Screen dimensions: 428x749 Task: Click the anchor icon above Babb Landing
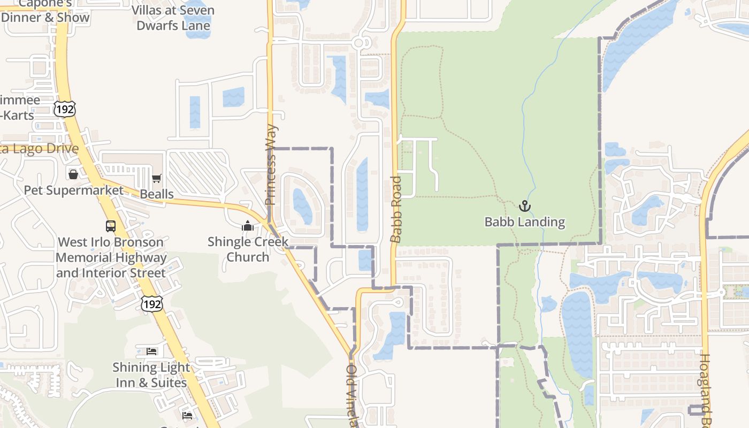(x=525, y=206)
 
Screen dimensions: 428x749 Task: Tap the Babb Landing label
(x=525, y=221)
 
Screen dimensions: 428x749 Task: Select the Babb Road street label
(x=396, y=209)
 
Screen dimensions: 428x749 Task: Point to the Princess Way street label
(x=271, y=165)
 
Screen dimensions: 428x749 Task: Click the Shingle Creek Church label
(x=248, y=249)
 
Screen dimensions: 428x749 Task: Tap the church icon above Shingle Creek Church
(x=247, y=226)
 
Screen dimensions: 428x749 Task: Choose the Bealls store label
(x=157, y=194)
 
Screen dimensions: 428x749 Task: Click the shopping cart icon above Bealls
(x=157, y=179)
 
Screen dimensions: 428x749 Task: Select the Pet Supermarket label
(x=73, y=190)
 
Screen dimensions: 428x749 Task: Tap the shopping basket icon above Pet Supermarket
(x=73, y=174)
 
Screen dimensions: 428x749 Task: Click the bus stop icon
(x=111, y=226)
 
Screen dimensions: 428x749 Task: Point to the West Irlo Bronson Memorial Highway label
(x=111, y=257)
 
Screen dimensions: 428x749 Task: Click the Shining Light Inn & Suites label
(x=151, y=374)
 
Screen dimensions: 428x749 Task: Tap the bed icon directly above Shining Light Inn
(x=152, y=351)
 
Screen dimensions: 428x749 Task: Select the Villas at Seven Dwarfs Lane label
(x=173, y=18)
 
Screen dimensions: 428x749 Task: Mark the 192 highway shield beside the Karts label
(x=65, y=109)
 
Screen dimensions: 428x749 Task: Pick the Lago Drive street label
(x=40, y=149)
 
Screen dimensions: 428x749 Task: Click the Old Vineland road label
(x=351, y=396)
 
